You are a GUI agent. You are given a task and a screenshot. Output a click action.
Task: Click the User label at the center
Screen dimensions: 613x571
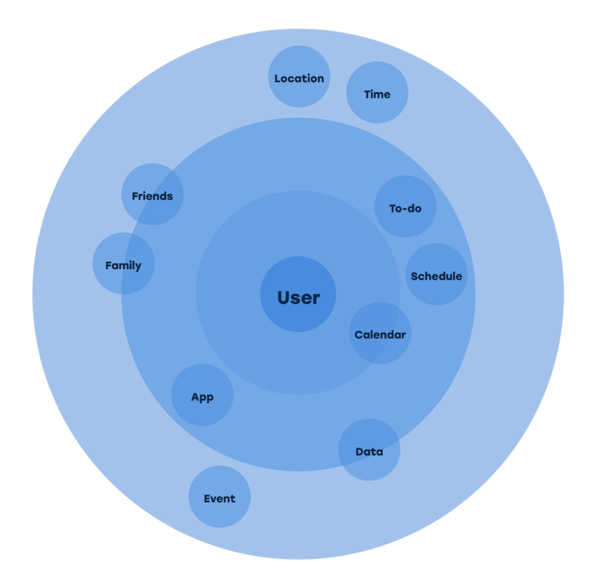(x=299, y=298)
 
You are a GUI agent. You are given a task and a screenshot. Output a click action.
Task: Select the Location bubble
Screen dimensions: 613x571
(x=299, y=79)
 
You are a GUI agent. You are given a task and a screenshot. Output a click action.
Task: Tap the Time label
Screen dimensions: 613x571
(x=377, y=95)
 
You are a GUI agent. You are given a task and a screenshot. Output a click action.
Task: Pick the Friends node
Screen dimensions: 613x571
(x=152, y=196)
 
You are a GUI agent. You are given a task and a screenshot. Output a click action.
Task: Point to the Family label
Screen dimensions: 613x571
(x=123, y=266)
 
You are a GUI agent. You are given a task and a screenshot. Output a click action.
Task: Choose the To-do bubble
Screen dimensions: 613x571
(x=405, y=209)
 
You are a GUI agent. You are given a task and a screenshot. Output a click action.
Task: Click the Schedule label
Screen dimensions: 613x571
(x=436, y=277)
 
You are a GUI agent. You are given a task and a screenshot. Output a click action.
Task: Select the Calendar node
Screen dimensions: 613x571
(x=380, y=335)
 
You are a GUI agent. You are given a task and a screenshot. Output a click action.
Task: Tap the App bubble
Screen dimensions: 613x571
(x=202, y=397)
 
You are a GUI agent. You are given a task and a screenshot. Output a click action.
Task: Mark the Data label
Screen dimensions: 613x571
(x=369, y=452)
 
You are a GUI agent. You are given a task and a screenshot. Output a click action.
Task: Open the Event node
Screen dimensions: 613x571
(x=219, y=499)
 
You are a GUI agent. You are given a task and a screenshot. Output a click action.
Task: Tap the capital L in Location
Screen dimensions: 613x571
(x=277, y=79)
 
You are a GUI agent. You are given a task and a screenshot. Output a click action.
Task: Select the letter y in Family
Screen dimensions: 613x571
(x=138, y=267)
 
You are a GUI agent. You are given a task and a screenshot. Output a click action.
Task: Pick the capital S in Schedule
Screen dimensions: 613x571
(x=414, y=277)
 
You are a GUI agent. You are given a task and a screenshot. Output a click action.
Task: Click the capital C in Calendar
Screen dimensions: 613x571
(x=358, y=335)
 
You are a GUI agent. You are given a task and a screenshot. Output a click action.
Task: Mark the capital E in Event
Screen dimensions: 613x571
(x=207, y=499)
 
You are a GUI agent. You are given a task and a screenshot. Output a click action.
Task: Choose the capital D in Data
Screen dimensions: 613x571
(x=359, y=452)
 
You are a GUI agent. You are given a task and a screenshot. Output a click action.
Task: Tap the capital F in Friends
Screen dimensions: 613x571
(x=135, y=196)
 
